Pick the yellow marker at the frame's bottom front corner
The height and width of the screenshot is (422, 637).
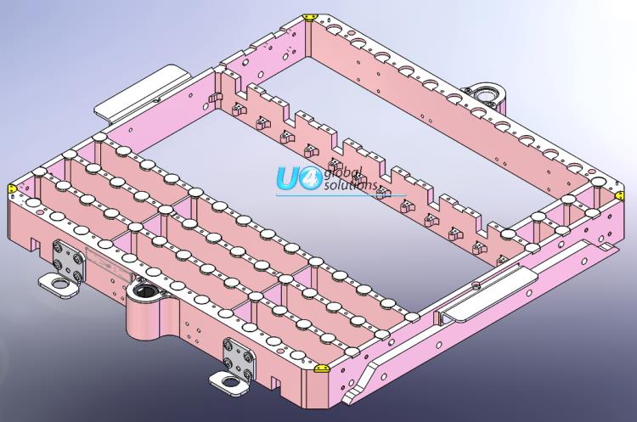coord(322,369)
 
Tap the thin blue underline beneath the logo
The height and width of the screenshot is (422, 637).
coord(323,194)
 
